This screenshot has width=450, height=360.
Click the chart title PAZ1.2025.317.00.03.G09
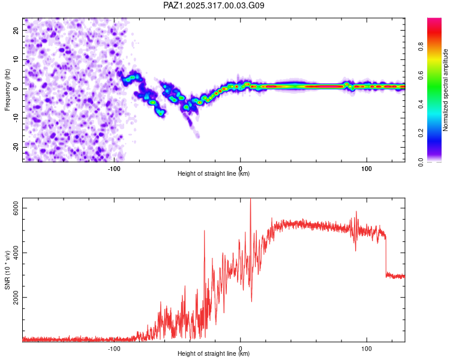[x=214, y=6]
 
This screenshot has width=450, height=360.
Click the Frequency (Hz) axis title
[x=7, y=90]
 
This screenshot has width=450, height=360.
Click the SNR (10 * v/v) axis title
[x=7, y=270]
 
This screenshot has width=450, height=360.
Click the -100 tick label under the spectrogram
[x=114, y=168]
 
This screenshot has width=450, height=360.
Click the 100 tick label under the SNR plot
[x=366, y=348]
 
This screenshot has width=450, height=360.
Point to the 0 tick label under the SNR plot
[x=240, y=348]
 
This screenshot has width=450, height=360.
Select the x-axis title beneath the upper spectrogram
[x=214, y=173]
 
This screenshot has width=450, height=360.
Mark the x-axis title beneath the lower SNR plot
[x=214, y=353]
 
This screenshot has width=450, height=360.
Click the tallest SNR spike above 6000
[x=250, y=202]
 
